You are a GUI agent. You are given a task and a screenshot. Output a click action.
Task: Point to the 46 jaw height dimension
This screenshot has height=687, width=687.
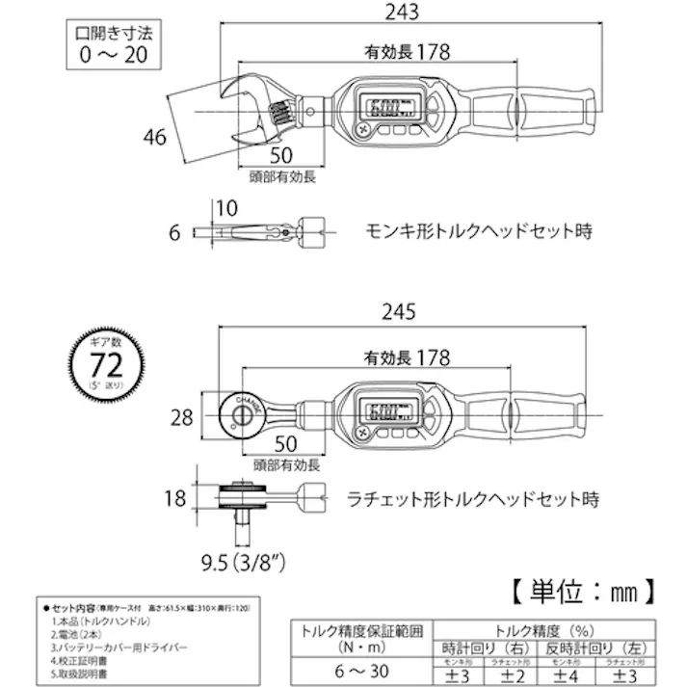152,136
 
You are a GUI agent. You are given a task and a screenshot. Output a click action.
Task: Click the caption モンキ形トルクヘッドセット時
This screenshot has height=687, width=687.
477,231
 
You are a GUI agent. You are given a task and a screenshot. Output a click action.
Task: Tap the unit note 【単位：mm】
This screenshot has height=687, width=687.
582,587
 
